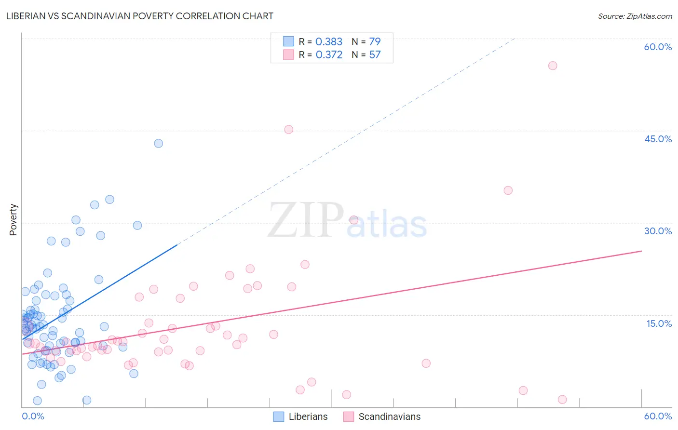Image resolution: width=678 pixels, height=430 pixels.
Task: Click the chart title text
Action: pyautogui.click(x=140, y=16)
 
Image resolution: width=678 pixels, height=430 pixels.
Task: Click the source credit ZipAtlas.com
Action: pyautogui.click(x=635, y=16)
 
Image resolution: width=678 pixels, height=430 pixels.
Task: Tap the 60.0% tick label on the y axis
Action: pyautogui.click(x=658, y=47)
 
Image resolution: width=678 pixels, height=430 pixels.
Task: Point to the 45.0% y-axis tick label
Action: pyautogui.click(x=658, y=139)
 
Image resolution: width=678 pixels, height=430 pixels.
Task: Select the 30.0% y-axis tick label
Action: pyautogui.click(x=658, y=231)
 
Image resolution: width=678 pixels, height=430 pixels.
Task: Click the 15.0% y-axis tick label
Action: pyautogui.click(x=659, y=323)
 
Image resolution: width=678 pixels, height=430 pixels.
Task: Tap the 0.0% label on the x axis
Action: pyautogui.click(x=33, y=416)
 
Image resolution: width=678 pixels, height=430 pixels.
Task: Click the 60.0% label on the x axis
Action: pyautogui.click(x=658, y=416)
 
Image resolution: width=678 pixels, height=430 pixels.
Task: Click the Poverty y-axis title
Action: pyautogui.click(x=13, y=220)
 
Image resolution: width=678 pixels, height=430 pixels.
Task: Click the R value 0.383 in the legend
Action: pyautogui.click(x=329, y=42)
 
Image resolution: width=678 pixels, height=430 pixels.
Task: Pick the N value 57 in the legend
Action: pyautogui.click(x=375, y=55)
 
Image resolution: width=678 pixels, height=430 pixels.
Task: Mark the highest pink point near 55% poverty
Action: pyautogui.click(x=553, y=66)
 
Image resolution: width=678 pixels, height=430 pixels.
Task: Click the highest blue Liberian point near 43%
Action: pyautogui.click(x=158, y=143)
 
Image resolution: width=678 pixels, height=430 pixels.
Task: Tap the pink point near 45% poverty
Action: pyautogui.click(x=288, y=129)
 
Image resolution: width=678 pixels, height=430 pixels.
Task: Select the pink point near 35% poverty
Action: pyautogui.click(x=508, y=190)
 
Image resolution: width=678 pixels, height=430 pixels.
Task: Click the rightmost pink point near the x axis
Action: pyautogui.click(x=562, y=399)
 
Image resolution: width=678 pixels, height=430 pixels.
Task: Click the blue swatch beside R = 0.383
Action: pyautogui.click(x=288, y=41)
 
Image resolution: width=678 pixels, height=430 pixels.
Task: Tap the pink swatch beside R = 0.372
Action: pyautogui.click(x=288, y=54)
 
